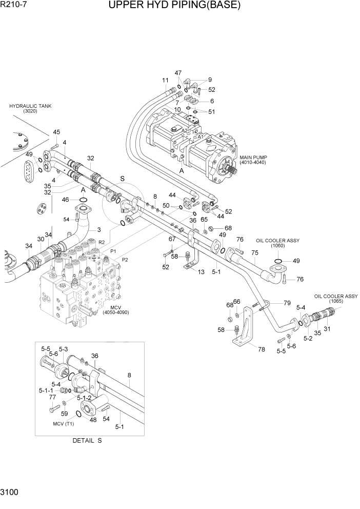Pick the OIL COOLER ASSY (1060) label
pos(278,243)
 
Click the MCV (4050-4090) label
pos(116,309)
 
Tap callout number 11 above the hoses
pos(165,80)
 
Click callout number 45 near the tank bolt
pos(56,132)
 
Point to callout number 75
pos(254,252)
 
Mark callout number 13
pos(202,271)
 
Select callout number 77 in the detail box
pos(52,398)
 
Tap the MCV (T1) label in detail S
pos(64,424)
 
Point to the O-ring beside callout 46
pos(83,199)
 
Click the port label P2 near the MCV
pos(125,260)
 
